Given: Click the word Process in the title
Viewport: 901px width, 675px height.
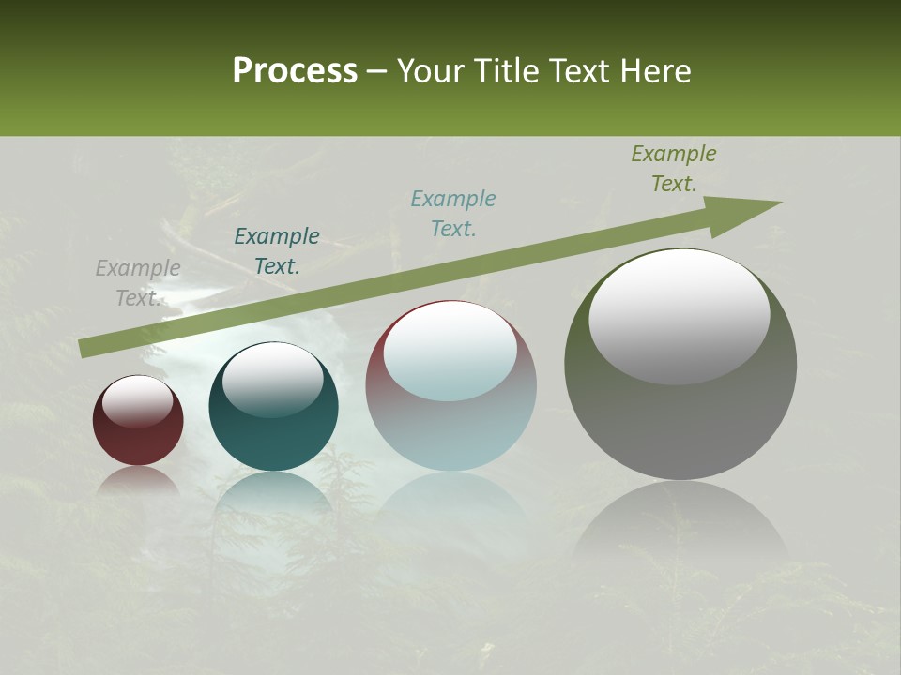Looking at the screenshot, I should coord(295,71).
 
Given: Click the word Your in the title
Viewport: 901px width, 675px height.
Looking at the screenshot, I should coord(428,71).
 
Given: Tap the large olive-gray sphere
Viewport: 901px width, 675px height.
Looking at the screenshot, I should coord(680,422).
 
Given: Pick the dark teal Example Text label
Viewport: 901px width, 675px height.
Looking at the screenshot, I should coord(277,251).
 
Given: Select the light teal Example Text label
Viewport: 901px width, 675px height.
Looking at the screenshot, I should coord(453,214).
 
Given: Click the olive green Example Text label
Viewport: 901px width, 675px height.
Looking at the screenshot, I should coord(674,169).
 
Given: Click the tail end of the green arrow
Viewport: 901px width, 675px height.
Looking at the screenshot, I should coord(86,348).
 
